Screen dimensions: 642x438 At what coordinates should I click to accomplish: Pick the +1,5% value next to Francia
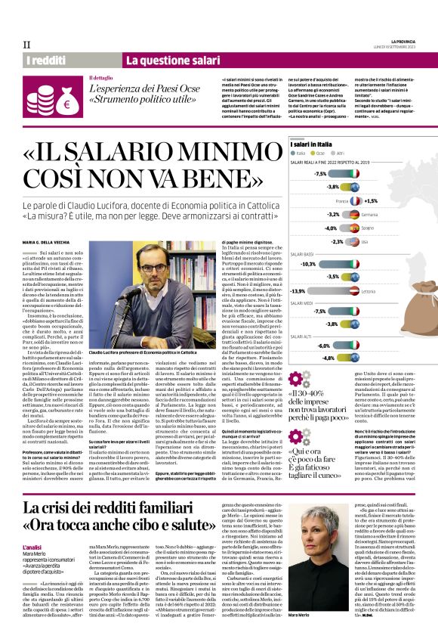pos(370,201)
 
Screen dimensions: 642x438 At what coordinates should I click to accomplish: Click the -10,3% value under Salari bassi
pos(307,264)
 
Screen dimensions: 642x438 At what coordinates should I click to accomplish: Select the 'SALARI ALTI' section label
pos(303,337)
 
